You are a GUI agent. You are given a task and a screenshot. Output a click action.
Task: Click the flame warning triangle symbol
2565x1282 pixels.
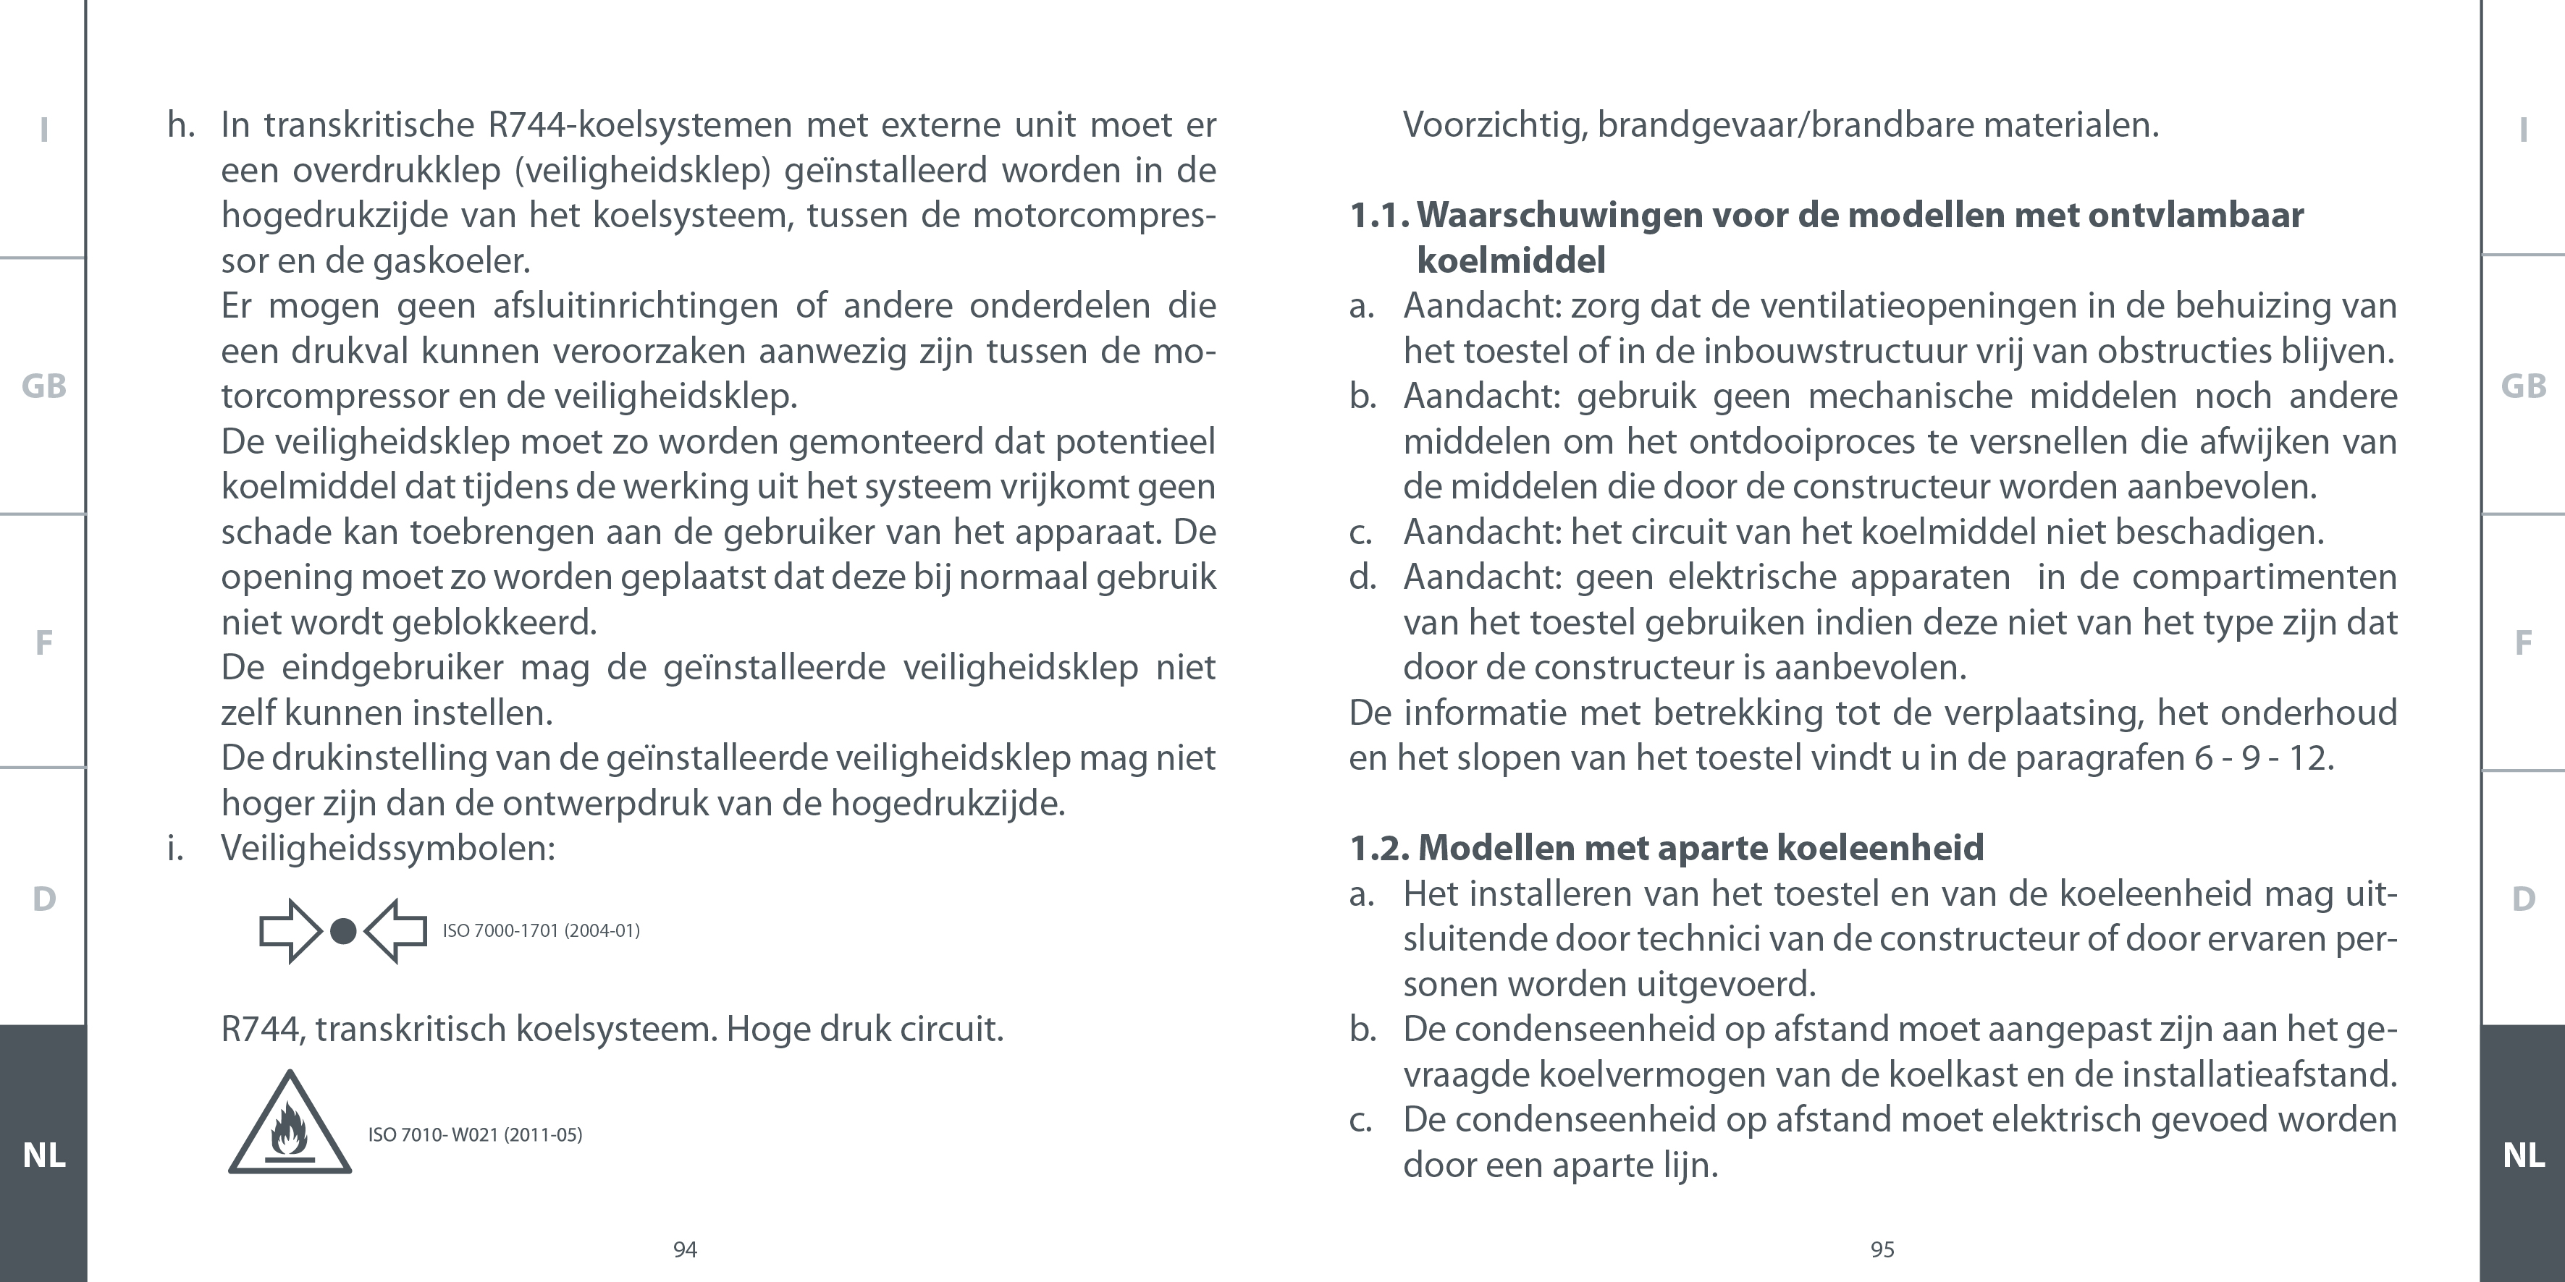click(x=290, y=1126)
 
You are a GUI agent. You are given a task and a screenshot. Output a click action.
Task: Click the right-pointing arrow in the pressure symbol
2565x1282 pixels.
click(x=290, y=932)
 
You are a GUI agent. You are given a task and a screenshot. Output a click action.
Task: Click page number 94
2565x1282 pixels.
click(x=685, y=1250)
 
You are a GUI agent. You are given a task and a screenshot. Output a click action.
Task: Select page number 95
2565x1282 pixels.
click(x=1882, y=1250)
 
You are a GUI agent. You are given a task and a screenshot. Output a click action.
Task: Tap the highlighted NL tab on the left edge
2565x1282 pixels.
click(x=44, y=1155)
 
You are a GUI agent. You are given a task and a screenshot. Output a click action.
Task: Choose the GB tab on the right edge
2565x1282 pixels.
click(x=2523, y=386)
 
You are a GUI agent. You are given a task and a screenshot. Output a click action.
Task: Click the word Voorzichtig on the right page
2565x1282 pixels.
click(x=1494, y=125)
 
